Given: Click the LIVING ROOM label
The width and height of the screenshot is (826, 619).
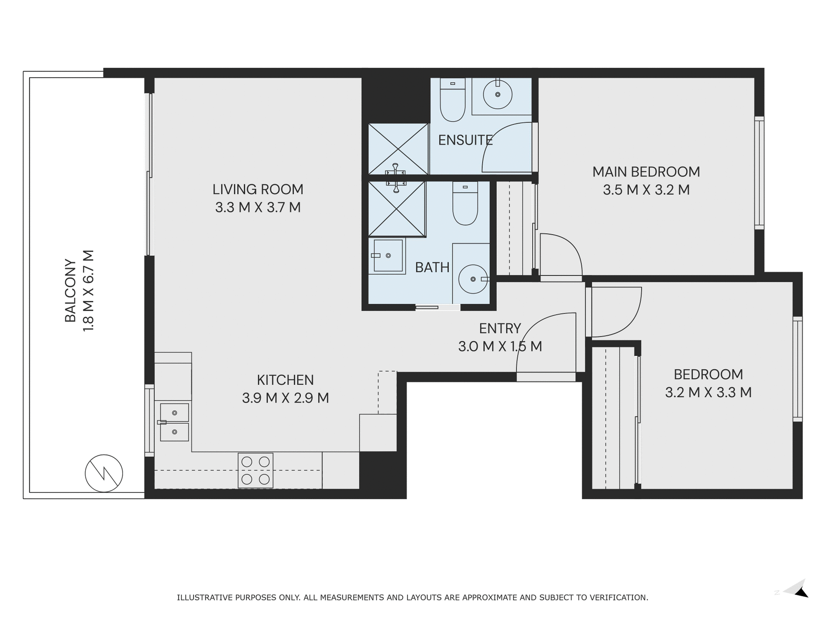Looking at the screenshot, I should [x=258, y=189].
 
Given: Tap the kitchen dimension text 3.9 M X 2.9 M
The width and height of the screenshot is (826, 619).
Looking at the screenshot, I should [x=285, y=398].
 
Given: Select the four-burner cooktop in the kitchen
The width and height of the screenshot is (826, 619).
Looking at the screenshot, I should [x=256, y=470].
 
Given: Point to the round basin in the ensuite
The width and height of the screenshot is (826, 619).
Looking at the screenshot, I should [x=497, y=94].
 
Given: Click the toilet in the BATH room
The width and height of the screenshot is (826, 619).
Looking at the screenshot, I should [x=465, y=204].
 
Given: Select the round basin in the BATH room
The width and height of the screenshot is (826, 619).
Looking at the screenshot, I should [x=473, y=279].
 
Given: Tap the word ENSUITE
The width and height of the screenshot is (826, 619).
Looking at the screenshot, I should [x=465, y=140].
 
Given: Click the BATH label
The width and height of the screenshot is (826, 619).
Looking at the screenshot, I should [x=432, y=267].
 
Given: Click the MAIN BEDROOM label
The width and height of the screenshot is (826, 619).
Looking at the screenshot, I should [x=646, y=172].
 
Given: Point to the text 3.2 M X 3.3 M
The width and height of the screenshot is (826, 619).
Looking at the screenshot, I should [x=708, y=392].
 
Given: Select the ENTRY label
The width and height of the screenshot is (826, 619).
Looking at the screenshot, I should [x=500, y=328].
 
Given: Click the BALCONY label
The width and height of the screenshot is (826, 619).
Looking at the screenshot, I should [x=70, y=290].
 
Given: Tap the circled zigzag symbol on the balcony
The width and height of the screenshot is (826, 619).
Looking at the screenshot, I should [x=104, y=473].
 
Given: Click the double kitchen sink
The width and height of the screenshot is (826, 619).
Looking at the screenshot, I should [x=174, y=422].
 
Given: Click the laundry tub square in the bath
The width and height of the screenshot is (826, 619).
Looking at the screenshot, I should [x=388, y=256].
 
